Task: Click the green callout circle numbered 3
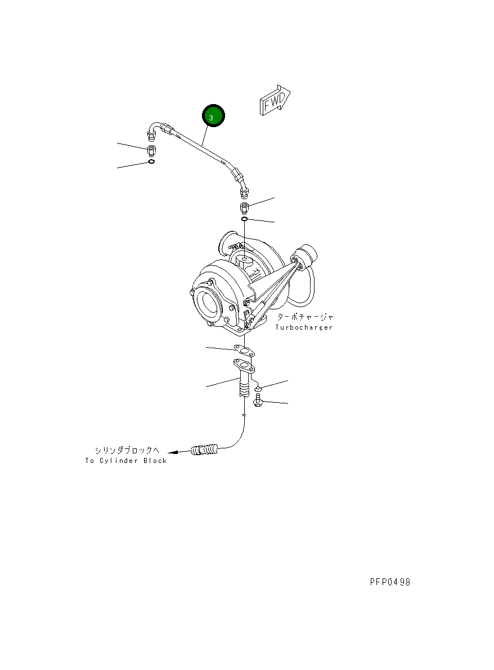tap(213, 116)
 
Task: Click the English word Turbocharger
tap(304, 327)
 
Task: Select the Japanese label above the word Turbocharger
tap(304, 317)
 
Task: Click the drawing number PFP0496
tap(390, 582)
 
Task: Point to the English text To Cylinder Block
tap(126, 461)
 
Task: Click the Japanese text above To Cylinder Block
tap(127, 450)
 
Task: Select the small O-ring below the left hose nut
tap(151, 162)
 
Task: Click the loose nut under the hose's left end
tap(151, 150)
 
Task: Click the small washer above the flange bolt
tap(257, 388)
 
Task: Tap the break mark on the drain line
tap(243, 415)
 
